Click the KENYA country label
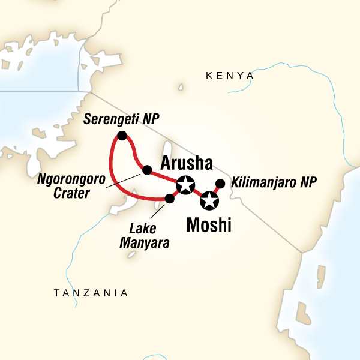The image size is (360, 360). pos(229,76)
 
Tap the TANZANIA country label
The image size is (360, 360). pos(91,293)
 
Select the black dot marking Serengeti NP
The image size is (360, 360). pos(122,136)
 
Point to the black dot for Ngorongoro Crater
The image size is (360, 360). pos(146,170)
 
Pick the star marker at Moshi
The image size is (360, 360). pos(209,200)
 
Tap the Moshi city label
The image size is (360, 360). pos(209,226)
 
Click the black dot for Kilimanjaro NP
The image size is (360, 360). pos(220,183)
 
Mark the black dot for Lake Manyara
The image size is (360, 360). pos(169,199)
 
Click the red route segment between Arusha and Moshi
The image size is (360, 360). pos(197,193)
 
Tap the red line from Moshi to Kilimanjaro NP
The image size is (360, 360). pos(215,191)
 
